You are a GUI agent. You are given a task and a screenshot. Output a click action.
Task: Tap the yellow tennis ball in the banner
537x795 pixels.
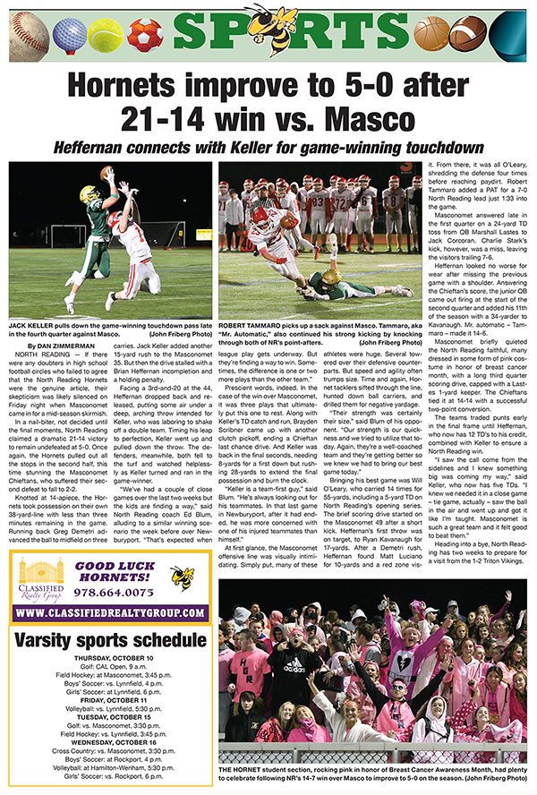tap(105, 34)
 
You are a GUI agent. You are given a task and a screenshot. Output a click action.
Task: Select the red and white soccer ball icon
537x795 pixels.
tap(142, 34)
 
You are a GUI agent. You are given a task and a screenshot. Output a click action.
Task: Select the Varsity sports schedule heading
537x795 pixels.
tap(108, 640)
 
